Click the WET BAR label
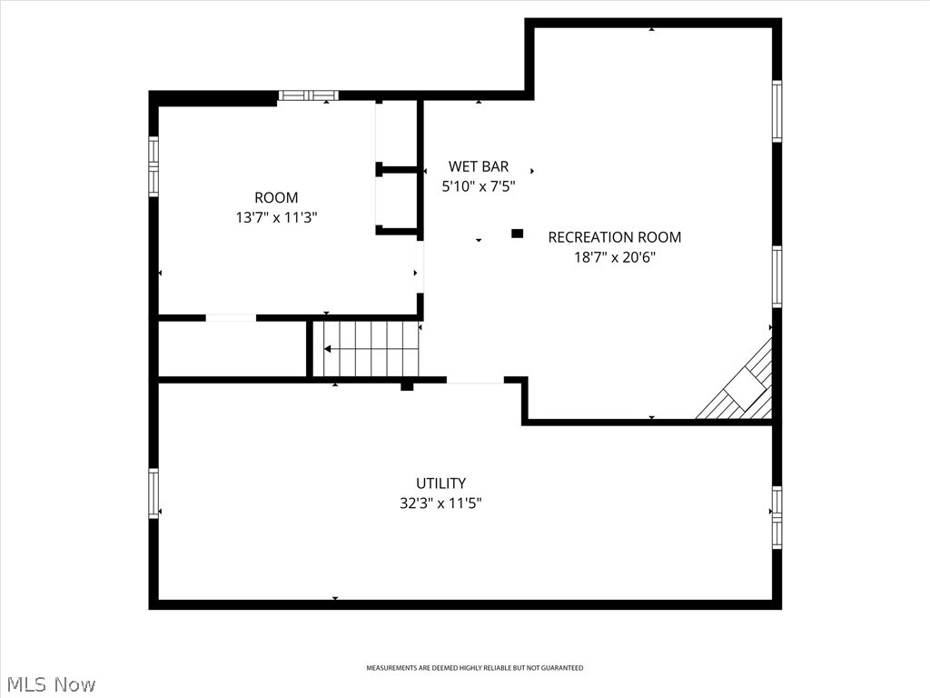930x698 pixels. tap(479, 166)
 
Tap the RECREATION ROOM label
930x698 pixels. tap(614, 237)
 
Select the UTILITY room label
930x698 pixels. tap(440, 484)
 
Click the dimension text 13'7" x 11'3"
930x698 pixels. tap(275, 218)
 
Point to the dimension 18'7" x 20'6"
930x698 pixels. tap(614, 257)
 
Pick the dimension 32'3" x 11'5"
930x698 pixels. tap(440, 504)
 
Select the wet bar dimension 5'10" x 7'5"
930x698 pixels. tap(479, 186)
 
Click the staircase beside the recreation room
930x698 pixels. tap(366, 348)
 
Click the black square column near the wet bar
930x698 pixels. tap(518, 234)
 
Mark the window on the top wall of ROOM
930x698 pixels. tap(308, 95)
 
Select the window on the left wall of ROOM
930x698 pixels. tap(153, 166)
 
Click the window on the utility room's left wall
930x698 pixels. tap(153, 493)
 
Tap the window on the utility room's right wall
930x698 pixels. tap(777, 517)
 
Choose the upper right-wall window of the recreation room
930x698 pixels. tap(777, 111)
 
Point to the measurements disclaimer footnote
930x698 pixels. tap(474, 668)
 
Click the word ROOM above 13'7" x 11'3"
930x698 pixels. tap(275, 198)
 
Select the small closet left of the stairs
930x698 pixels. tap(232, 348)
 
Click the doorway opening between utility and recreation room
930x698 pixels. tap(475, 381)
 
